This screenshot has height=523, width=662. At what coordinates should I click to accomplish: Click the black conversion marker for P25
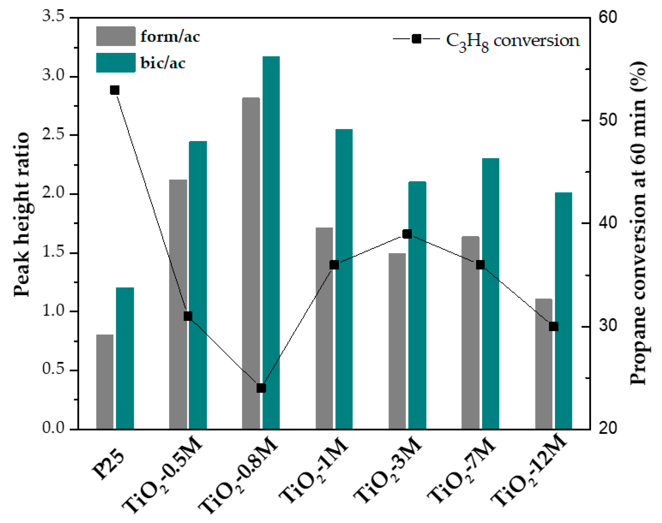(115, 90)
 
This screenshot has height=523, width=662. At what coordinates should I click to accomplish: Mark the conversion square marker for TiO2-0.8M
(261, 388)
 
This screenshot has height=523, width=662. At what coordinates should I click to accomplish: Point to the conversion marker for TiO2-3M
(407, 234)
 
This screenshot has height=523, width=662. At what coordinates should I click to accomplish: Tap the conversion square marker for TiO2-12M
(554, 326)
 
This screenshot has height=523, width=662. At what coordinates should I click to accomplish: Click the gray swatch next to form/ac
(116, 36)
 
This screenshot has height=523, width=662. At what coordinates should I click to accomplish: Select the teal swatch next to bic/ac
(116, 63)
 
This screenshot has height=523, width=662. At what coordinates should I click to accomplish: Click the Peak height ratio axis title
(22, 214)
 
